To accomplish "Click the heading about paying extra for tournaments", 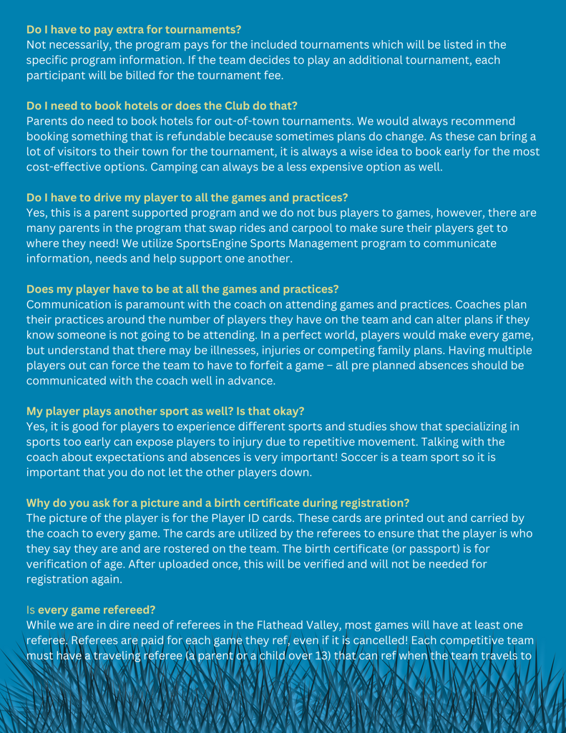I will pyautogui.click(x=134, y=29).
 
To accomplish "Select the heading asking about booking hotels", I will pyautogui.click(x=162, y=106).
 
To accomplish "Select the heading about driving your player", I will pyautogui.click(x=187, y=198).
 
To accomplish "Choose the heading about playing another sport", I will pyautogui.click(x=165, y=411).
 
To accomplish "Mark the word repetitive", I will pyautogui.click(x=270, y=442).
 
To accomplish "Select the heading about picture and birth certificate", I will pyautogui.click(x=218, y=503).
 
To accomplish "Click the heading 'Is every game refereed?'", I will pyautogui.click(x=91, y=610).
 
